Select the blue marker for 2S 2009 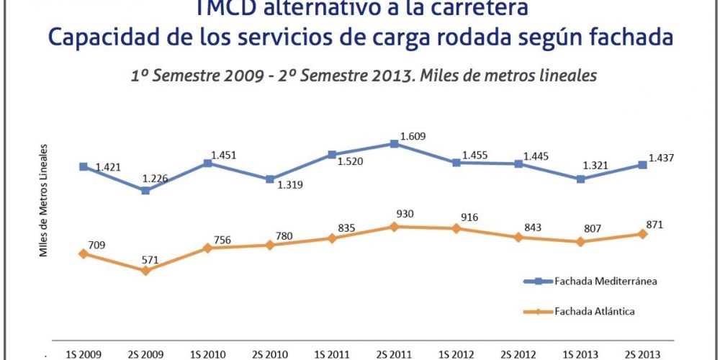pos(145,191)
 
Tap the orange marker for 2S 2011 pos(394,227)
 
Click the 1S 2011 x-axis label pos(331,354)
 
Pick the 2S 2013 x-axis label pos(642,354)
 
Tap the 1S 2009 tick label pos(83,354)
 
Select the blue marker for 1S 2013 pos(580,179)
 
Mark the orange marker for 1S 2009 pos(84,253)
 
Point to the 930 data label pos(405,214)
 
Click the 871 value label pos(654,225)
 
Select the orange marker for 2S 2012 pos(518,237)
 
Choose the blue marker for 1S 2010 pos(207,163)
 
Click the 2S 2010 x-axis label pos(269,354)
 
